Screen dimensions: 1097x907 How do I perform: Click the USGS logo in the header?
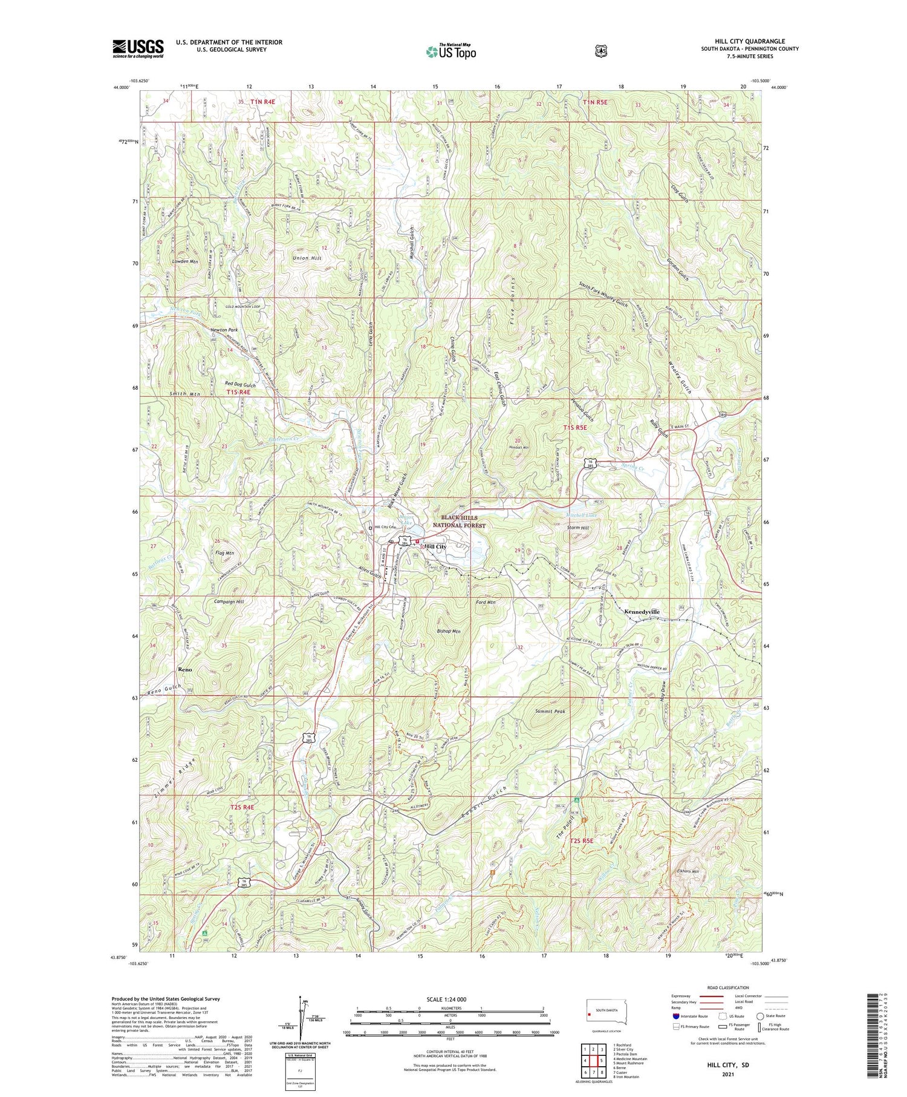(138, 48)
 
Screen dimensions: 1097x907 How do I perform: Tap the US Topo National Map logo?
(451, 51)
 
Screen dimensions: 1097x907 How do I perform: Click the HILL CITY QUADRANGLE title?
(749, 42)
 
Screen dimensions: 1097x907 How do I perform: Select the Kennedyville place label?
(642, 612)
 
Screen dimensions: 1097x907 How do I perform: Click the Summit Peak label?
(550, 712)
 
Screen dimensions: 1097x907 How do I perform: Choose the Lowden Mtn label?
(185, 261)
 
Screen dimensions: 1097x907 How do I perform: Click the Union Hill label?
(307, 258)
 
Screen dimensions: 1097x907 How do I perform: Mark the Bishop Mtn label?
(448, 632)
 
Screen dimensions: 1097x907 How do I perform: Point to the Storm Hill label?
(578, 528)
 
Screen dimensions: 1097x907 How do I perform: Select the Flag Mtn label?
(224, 553)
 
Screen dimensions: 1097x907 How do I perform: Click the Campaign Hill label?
(229, 602)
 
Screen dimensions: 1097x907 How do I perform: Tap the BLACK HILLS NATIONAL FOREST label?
(459, 522)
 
